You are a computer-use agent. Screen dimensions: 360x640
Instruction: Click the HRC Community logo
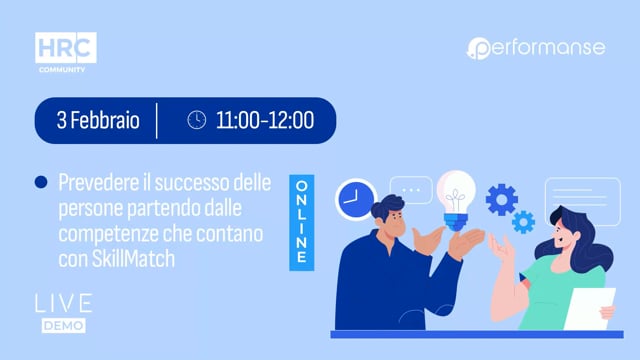pyautogui.click(x=66, y=52)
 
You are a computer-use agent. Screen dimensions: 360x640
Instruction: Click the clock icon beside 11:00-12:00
pyautogui.click(x=197, y=121)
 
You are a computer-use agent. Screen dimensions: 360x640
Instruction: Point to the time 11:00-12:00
pyautogui.click(x=264, y=121)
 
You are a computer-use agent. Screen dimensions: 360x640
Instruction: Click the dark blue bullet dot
pyautogui.click(x=41, y=182)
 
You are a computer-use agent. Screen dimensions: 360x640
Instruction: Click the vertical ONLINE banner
pyautogui.click(x=298, y=223)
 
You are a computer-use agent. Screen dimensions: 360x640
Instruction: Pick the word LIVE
pyautogui.click(x=63, y=303)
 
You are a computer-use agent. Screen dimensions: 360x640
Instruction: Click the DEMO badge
pyautogui.click(x=63, y=325)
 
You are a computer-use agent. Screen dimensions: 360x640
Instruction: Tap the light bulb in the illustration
pyautogui.click(x=456, y=193)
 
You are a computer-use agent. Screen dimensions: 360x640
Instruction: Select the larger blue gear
pyautogui.click(x=501, y=199)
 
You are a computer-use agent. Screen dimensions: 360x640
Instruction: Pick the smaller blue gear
pyautogui.click(x=523, y=221)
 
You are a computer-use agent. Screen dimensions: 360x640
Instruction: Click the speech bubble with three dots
pyautogui.click(x=410, y=189)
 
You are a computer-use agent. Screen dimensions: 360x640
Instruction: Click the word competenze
pyautogui.click(x=108, y=234)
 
